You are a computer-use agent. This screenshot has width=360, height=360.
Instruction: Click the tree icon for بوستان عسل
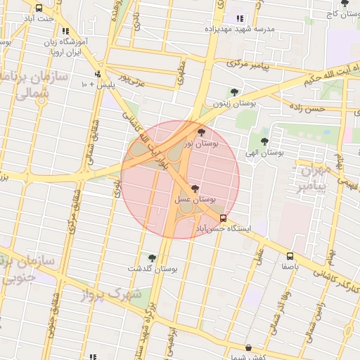[x=195, y=188]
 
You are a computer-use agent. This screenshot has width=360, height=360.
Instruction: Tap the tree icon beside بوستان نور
[x=202, y=131]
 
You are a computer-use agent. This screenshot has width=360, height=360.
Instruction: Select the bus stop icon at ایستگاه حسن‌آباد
[x=223, y=218]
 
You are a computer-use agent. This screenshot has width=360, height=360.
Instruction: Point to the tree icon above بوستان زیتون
[x=234, y=91]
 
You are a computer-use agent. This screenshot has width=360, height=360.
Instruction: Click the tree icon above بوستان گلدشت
[x=152, y=257]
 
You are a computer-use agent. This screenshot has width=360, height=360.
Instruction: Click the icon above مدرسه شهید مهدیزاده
[x=240, y=19]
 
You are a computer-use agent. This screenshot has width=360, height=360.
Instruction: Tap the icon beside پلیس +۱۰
[x=98, y=74]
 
